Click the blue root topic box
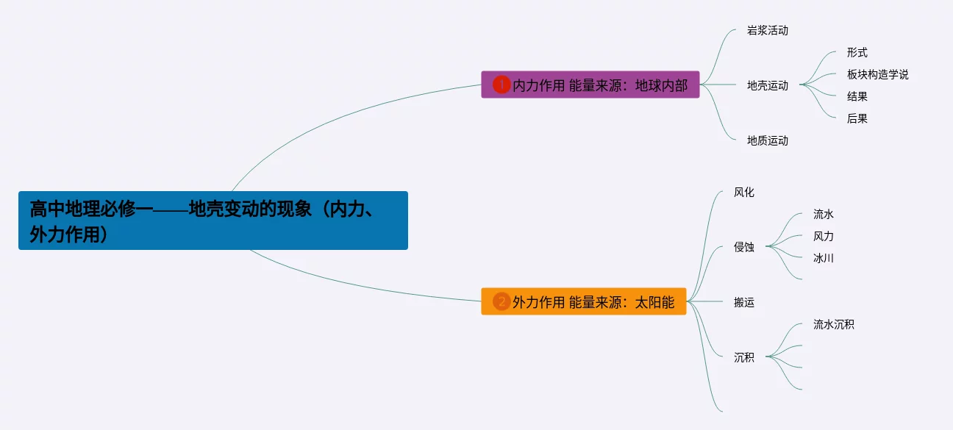(213, 221)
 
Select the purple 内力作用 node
(590, 85)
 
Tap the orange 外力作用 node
(583, 301)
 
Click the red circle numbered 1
(502, 85)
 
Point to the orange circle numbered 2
(502, 301)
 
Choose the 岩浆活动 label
(767, 31)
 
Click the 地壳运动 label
(767, 85)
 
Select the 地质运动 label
(767, 140)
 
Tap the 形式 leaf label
(857, 53)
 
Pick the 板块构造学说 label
(877, 74)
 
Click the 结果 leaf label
(857, 96)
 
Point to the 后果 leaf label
(857, 118)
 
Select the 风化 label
(743, 193)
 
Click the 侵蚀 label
(743, 247)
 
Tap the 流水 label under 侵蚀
(823, 215)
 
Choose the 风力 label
(823, 237)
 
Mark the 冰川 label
(823, 258)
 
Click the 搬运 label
(743, 302)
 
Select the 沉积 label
(743, 357)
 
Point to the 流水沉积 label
(833, 324)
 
